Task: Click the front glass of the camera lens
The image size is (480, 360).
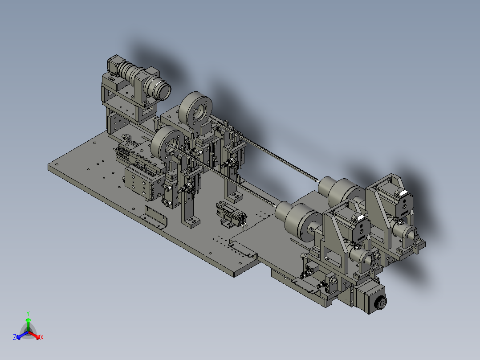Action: click(165, 91)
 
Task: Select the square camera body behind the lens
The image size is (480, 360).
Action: click(114, 65)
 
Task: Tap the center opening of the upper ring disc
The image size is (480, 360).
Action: click(199, 112)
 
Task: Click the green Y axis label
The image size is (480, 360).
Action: click(28, 314)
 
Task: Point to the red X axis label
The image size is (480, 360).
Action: click(42, 337)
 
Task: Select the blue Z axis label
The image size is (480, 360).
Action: click(14, 337)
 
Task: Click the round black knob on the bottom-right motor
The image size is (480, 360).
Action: click(381, 303)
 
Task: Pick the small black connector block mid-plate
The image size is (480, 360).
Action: click(231, 213)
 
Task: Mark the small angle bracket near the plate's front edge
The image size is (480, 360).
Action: click(154, 217)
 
